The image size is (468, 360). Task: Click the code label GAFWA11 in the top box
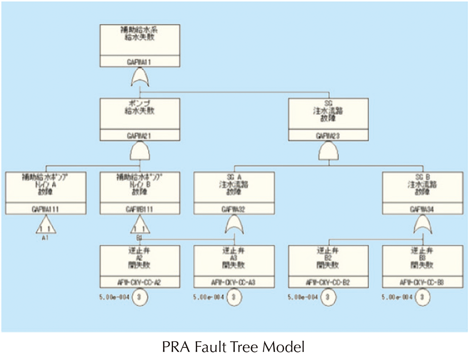click(x=140, y=61)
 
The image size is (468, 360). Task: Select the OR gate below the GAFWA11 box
click(x=140, y=76)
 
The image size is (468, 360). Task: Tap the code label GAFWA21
click(x=140, y=135)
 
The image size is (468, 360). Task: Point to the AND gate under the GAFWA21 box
click(x=140, y=152)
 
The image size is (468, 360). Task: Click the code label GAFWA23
click(x=328, y=135)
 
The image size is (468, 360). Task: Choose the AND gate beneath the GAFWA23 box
click(x=328, y=152)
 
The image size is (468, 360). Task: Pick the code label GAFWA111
click(x=46, y=209)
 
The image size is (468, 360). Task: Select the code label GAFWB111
click(x=140, y=209)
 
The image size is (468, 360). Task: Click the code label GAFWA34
click(x=422, y=209)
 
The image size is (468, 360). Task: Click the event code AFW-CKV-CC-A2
click(x=140, y=283)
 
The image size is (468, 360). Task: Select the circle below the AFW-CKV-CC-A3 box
click(x=234, y=298)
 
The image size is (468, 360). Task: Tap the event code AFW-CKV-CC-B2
click(x=328, y=283)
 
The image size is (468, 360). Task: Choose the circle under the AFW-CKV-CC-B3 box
click(x=422, y=298)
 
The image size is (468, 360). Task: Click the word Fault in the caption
click(x=206, y=347)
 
